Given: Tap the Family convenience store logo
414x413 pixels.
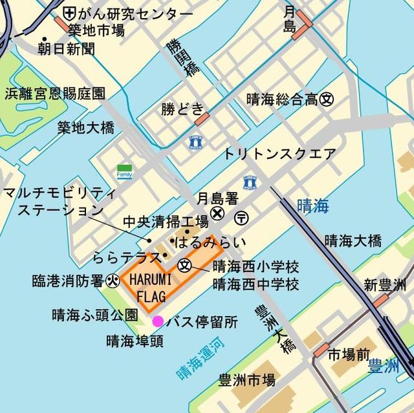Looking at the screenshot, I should [x=124, y=171].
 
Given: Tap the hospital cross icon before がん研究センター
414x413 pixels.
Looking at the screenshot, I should [x=69, y=13].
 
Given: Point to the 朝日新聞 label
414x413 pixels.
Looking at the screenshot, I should [x=66, y=48].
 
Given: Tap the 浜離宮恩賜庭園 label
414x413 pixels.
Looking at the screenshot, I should [x=55, y=94].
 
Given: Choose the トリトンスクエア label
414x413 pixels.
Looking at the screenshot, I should [x=280, y=154].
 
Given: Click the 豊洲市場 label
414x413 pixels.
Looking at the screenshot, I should [x=246, y=379].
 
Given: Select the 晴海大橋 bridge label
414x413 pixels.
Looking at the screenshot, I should [x=353, y=241].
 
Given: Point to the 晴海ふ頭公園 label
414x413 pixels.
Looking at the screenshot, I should [x=95, y=316].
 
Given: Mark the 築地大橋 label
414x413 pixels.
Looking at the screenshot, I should [x=85, y=127].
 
